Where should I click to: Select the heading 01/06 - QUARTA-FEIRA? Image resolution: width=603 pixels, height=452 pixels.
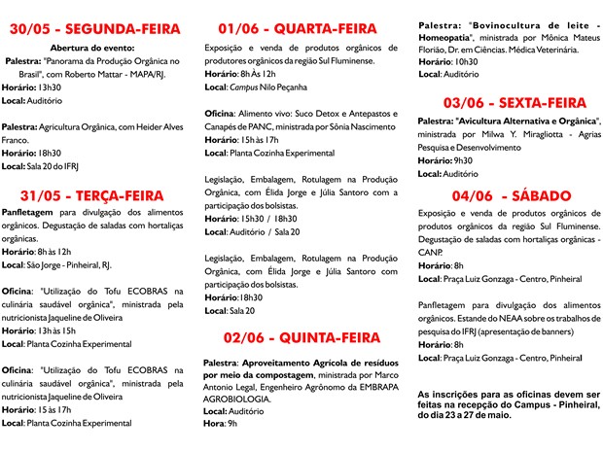click(x=298, y=29)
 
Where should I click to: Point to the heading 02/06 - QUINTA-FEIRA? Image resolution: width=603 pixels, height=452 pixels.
click(x=301, y=338)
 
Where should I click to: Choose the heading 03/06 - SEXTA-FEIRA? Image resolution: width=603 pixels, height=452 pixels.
click(x=500, y=102)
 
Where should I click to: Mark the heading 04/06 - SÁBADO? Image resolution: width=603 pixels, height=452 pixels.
click(x=500, y=194)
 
